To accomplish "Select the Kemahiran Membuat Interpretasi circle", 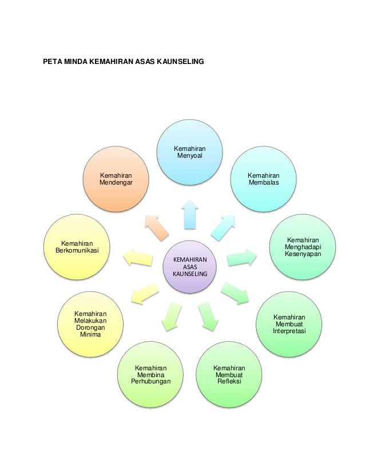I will coord(289,325).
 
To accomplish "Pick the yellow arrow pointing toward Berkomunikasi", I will coord(138,258).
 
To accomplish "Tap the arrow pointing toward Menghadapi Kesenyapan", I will coord(241,258).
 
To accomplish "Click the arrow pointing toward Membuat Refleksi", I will coord(208,316).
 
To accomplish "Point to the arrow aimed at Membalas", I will coord(223,227).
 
